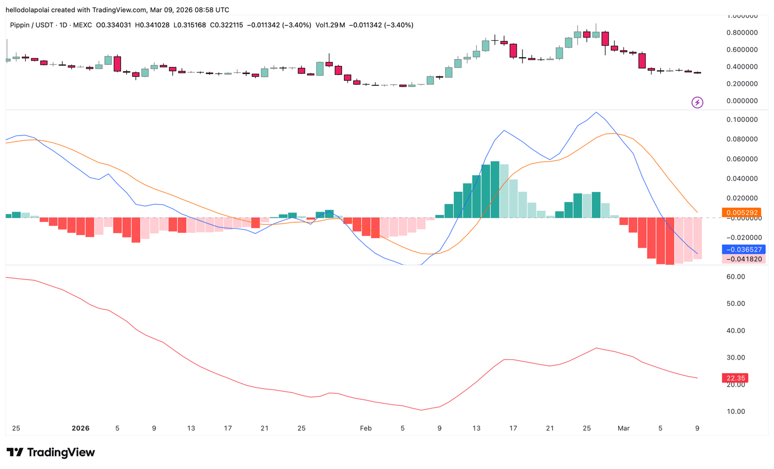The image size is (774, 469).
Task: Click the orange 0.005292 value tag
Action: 741,212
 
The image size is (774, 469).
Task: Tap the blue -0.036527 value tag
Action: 744,250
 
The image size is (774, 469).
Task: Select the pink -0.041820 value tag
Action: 744,259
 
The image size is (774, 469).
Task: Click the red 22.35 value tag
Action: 735,378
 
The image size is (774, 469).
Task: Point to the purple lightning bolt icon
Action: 697,103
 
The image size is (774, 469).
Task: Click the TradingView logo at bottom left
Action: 51,453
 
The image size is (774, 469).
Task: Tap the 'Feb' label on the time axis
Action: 366,428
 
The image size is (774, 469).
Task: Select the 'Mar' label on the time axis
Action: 624,428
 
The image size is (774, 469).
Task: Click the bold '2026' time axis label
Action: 80,428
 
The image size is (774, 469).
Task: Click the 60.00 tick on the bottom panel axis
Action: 735,277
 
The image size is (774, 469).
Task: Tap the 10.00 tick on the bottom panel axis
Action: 735,411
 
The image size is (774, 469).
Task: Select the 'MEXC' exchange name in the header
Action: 82,25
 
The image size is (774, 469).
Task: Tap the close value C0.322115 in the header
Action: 226,25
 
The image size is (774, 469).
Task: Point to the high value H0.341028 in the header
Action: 152,25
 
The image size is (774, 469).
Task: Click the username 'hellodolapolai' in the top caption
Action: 28,10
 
